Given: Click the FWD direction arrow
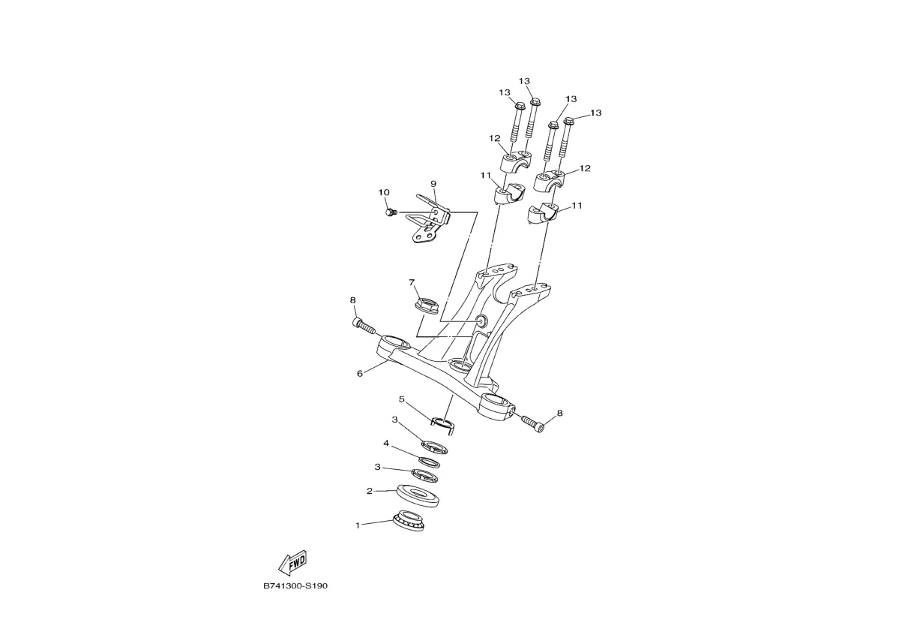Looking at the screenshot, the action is [x=292, y=562].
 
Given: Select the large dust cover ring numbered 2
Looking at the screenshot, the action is [x=418, y=495].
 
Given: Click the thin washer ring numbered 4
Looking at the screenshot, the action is [x=429, y=462].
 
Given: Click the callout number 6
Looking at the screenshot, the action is [x=360, y=374].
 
